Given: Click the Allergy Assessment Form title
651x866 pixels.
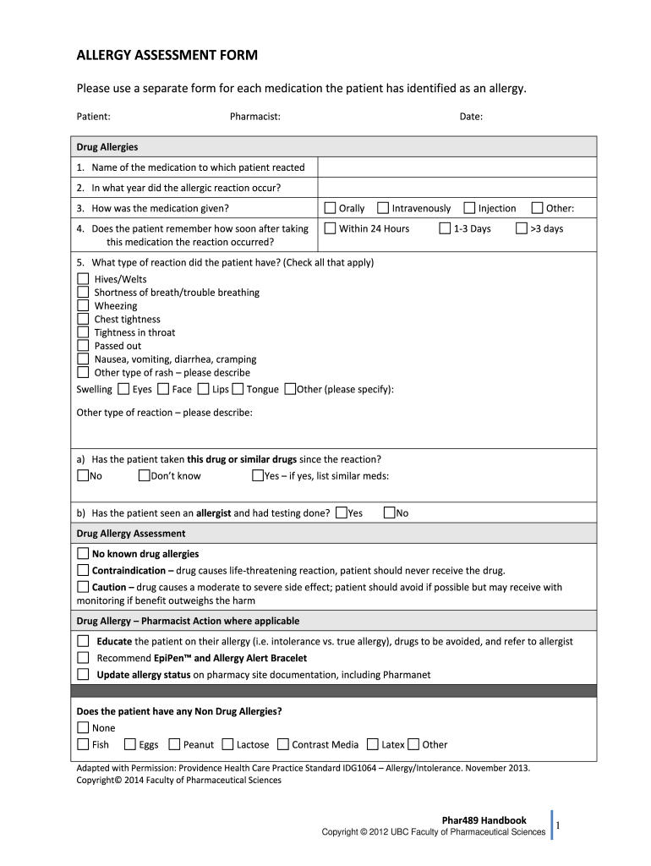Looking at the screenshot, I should (167, 56).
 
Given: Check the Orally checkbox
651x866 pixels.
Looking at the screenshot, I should (331, 208).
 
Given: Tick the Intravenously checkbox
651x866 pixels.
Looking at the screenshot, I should (383, 208).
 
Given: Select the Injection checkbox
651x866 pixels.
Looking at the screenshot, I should (470, 208).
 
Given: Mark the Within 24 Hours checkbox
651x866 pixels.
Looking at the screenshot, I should (331, 228).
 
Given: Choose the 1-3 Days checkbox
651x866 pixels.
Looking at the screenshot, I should (445, 228).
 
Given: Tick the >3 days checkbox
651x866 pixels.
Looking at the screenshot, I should (522, 228).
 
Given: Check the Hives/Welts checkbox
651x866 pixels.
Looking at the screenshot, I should (83, 278).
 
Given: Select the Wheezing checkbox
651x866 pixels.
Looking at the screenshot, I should (83, 305).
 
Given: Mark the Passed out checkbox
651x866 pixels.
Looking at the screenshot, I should (83, 345).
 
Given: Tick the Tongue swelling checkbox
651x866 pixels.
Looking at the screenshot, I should (238, 389).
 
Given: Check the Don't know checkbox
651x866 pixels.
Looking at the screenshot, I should (144, 475).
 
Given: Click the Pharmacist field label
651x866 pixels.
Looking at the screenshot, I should (255, 117).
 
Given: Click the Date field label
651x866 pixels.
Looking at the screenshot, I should (471, 117).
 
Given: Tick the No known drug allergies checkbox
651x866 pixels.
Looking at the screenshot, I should (83, 554).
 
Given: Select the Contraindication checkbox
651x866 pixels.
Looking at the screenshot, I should (83, 570).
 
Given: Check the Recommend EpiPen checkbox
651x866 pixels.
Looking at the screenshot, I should (83, 657).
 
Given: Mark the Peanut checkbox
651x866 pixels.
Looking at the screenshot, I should (174, 744).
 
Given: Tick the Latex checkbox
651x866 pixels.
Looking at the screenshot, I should (373, 744).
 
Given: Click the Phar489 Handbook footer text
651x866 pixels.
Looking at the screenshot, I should (484, 819).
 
